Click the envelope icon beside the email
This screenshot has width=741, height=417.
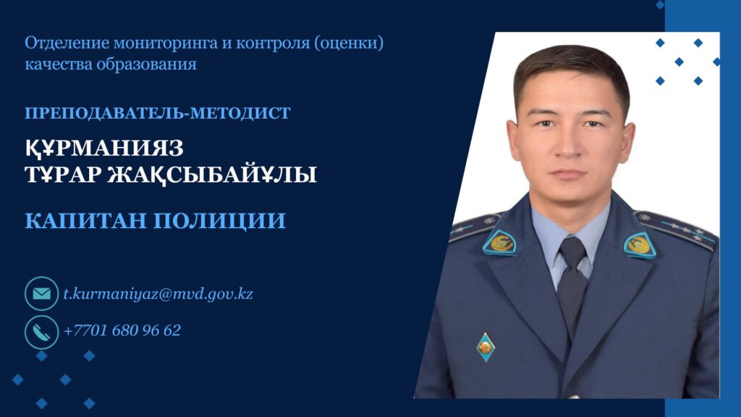point(41,294)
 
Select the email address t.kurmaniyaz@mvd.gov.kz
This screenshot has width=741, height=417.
point(158,294)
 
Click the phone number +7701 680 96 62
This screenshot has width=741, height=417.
point(122,330)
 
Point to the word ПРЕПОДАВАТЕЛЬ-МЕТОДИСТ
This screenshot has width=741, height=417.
point(157,113)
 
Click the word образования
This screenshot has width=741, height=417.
point(146,64)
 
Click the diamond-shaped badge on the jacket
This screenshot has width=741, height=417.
point(486,347)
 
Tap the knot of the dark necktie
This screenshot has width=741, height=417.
point(573,253)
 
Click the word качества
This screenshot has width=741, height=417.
point(59,64)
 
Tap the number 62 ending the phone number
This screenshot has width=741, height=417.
point(172,330)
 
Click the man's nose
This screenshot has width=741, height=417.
point(569,144)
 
